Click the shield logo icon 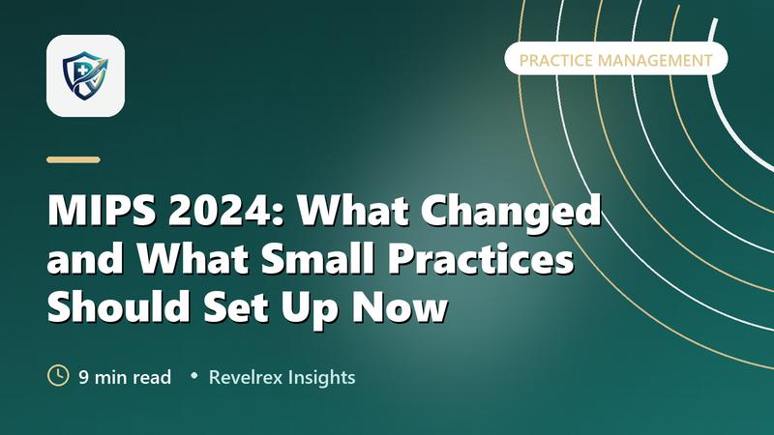pos(85,76)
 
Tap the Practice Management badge pos(616,60)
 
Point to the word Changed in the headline pos(512,211)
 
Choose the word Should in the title pos(118,305)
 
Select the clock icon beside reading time pos(58,376)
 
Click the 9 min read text pos(125,377)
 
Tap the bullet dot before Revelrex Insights pos(194,376)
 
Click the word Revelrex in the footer pos(246,377)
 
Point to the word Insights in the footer pos(321,378)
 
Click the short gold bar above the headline pos(74,159)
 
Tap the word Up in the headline pos(309,308)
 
